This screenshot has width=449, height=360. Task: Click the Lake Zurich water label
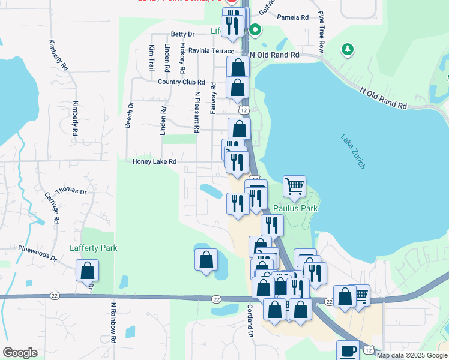[x=352, y=151]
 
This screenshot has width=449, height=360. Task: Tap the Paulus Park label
[x=295, y=209]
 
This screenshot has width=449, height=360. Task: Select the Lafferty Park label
[x=93, y=248]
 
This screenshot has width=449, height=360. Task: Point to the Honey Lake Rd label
[x=154, y=162]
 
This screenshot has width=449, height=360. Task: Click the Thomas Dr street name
[x=74, y=191]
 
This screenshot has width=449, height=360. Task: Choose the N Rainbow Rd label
[x=113, y=318]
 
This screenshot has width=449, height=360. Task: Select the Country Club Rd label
[x=181, y=82]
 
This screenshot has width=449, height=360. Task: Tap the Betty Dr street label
[x=183, y=34]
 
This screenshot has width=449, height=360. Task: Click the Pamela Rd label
[x=292, y=18]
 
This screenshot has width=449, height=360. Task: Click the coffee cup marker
[x=348, y=350]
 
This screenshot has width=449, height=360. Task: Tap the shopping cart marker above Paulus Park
[x=295, y=186]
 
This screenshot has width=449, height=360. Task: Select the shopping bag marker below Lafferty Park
[x=88, y=271]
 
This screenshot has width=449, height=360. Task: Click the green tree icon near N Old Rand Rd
[x=347, y=49]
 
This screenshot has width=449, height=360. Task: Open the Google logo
[x=20, y=353]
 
